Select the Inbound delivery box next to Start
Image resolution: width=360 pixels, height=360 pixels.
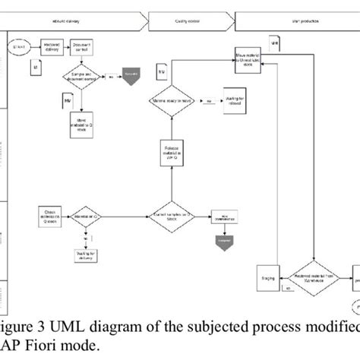(52, 47)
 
